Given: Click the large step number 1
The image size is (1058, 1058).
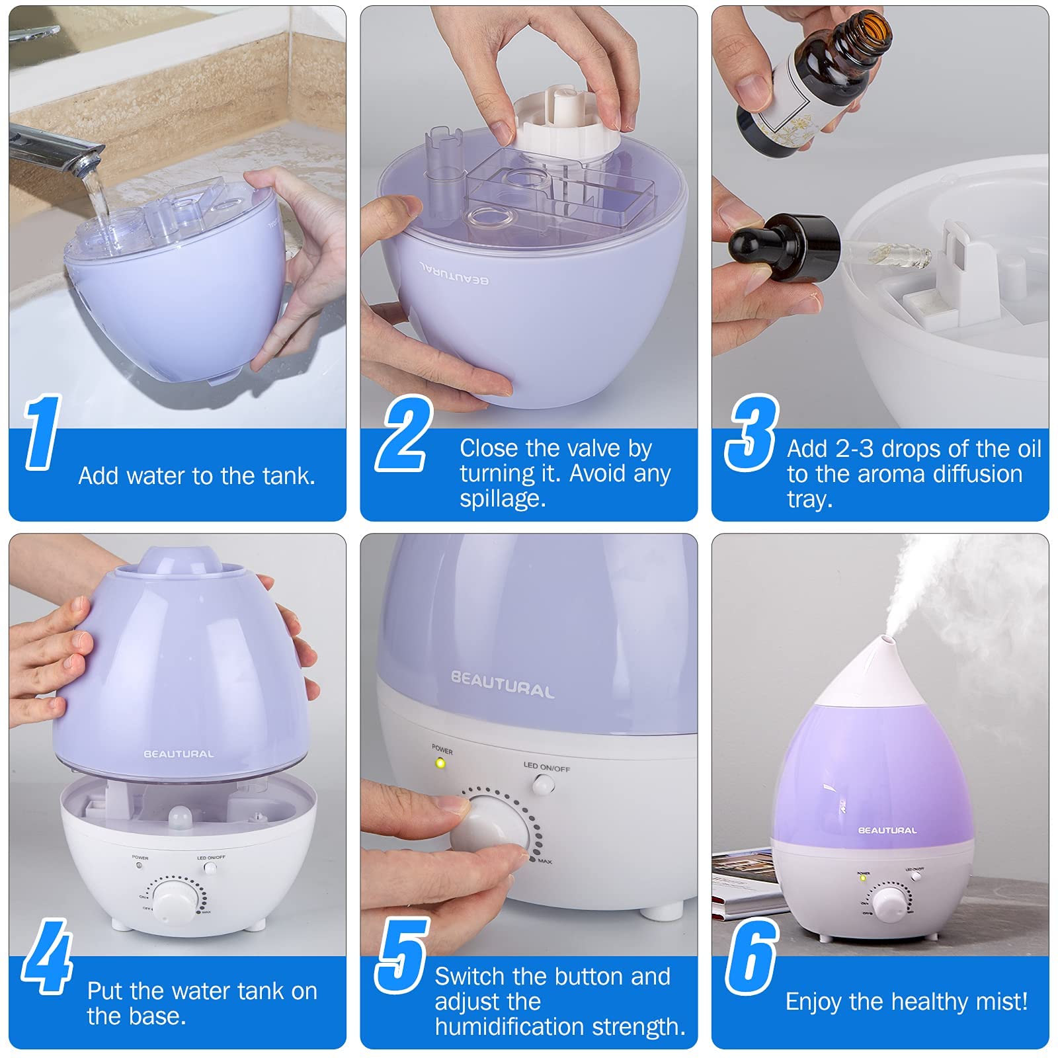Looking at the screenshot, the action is click(x=43, y=432).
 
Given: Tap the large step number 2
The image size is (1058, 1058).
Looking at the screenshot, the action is click(x=404, y=433).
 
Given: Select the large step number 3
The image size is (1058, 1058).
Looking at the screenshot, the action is click(x=753, y=432).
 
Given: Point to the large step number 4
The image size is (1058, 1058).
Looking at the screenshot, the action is click(x=46, y=956).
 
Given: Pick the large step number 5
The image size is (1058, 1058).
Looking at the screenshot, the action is click(x=402, y=956).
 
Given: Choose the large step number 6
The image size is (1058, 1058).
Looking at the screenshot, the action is click(x=752, y=956).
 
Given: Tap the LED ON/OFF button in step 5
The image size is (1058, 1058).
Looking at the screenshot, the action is click(x=544, y=784).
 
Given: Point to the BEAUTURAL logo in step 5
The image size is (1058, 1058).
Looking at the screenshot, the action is click(x=503, y=685).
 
